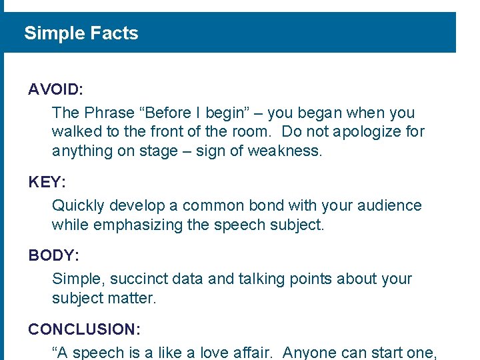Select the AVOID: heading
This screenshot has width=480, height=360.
(x=56, y=89)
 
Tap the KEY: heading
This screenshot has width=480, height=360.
(x=47, y=182)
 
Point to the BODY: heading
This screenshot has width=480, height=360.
(x=54, y=255)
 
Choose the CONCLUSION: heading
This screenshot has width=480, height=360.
(x=83, y=329)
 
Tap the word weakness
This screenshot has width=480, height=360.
(x=285, y=151)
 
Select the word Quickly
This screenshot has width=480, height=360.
(x=77, y=206)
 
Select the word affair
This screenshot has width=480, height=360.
(x=254, y=353)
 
